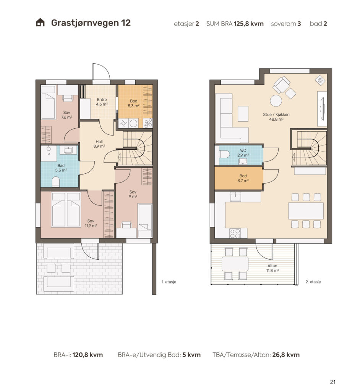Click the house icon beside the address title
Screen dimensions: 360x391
40,23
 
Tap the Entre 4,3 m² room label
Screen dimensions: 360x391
102,102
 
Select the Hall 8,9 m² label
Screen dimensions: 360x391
99,144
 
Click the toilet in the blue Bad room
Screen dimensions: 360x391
56,182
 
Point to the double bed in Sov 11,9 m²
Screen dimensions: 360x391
66,210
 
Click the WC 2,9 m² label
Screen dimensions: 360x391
243,153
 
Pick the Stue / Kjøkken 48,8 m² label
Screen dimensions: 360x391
276,117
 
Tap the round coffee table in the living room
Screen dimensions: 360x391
276,100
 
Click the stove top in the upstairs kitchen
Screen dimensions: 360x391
235,233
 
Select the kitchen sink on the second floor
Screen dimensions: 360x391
235,197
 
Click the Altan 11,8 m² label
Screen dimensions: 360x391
272,268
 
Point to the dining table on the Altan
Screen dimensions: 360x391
235,264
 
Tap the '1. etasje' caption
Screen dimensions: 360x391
169,282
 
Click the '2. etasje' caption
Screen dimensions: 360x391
313,282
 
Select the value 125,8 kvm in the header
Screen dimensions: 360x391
249,24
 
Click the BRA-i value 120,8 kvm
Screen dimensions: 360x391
88,355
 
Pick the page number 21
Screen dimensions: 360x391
332,382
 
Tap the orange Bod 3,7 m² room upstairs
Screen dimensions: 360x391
239,178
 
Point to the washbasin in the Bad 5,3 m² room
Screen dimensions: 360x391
68,150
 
